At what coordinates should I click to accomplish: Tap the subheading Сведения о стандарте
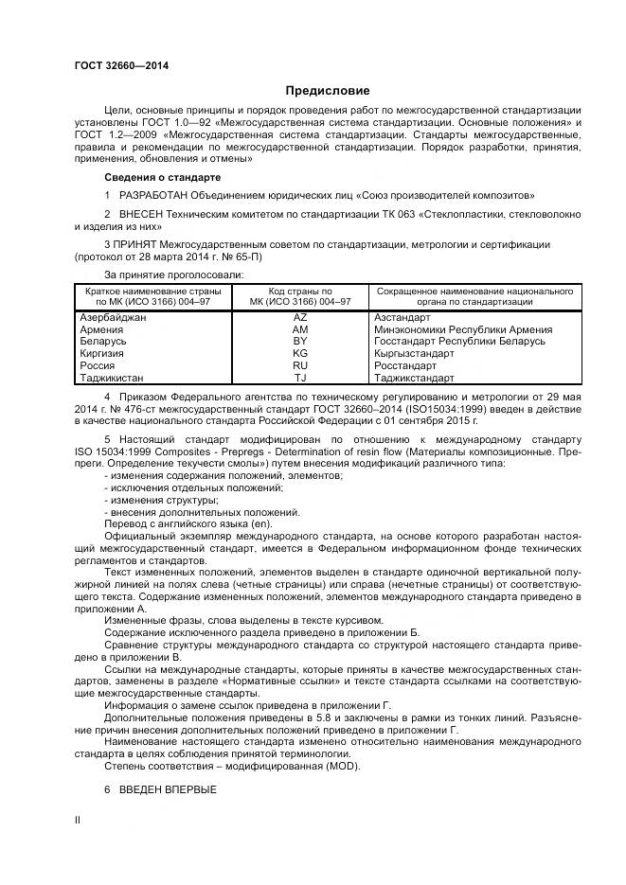click(x=162, y=177)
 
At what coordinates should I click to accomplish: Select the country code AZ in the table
click(x=300, y=319)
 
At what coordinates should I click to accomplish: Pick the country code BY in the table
click(x=300, y=342)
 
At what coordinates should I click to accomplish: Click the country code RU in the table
click(x=300, y=365)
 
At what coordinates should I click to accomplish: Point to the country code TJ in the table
click(x=300, y=377)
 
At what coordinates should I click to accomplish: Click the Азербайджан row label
click(x=116, y=319)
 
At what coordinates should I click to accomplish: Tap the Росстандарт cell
click(x=405, y=365)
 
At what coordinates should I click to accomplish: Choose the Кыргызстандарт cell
click(x=414, y=353)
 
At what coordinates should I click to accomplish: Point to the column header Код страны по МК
click(x=300, y=296)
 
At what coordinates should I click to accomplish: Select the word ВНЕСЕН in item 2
click(x=143, y=214)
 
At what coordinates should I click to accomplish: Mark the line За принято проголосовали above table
click(x=172, y=274)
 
